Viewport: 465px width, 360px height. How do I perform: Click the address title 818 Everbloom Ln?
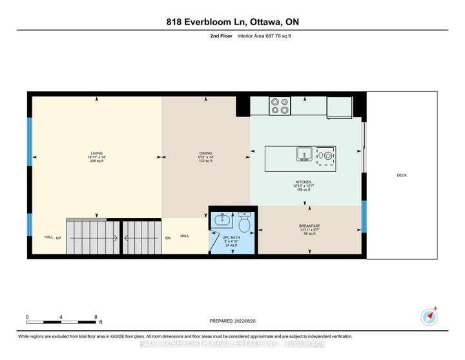click(x=232, y=23)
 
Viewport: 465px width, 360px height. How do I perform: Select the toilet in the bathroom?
click(x=245, y=223)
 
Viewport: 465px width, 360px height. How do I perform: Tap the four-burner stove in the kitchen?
click(x=279, y=105)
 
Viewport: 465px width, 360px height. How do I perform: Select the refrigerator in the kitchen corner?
click(x=340, y=107)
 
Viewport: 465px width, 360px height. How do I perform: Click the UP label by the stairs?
click(x=59, y=237)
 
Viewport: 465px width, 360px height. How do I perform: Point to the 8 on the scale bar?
click(x=96, y=317)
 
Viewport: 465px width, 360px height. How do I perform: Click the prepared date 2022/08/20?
click(x=232, y=321)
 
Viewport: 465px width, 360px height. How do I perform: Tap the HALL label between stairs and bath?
click(x=185, y=236)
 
